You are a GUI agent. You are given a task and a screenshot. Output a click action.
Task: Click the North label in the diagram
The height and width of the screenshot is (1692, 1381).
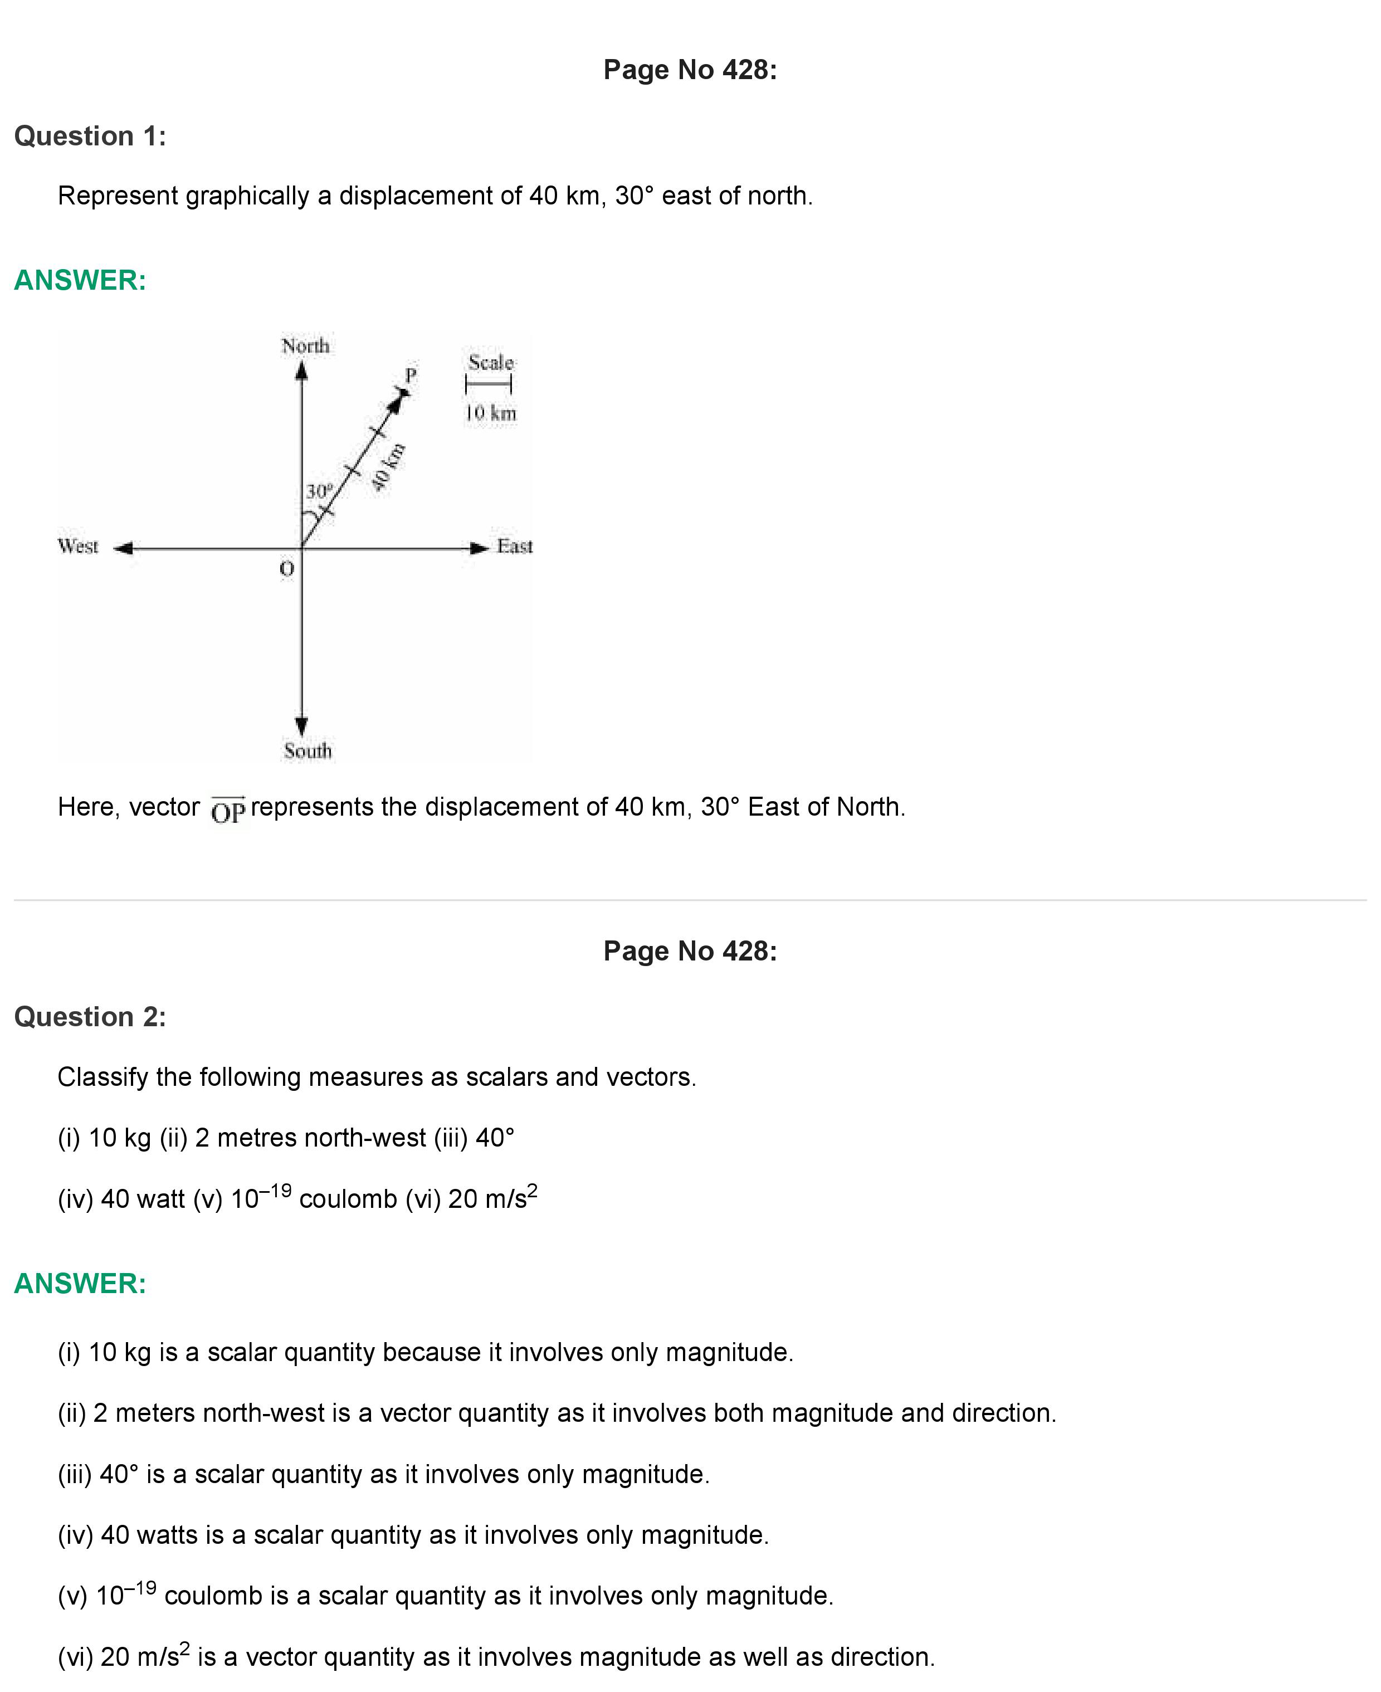[x=305, y=346]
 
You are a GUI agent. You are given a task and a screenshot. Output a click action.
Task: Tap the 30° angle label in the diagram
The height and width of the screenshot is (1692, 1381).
[x=319, y=491]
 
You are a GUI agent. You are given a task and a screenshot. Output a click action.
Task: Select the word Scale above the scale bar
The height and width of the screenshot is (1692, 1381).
[x=491, y=363]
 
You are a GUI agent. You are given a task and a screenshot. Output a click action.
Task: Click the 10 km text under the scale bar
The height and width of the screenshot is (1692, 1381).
[x=491, y=413]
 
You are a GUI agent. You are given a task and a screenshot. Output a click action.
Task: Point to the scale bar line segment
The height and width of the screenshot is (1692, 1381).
[x=489, y=385]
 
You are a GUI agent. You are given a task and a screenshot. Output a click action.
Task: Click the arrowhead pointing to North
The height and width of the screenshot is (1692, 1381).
[x=301, y=372]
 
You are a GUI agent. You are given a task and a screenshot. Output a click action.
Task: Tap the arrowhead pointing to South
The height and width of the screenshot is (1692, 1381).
[x=301, y=725]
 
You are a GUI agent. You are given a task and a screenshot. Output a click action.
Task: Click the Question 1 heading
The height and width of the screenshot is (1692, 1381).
[x=90, y=136]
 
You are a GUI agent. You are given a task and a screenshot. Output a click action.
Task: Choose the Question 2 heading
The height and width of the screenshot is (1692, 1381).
[x=90, y=1017]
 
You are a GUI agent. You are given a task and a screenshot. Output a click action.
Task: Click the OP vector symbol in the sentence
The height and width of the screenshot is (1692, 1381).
[x=228, y=811]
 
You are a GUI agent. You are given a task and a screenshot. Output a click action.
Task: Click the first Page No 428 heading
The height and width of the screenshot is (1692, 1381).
[x=690, y=70]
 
